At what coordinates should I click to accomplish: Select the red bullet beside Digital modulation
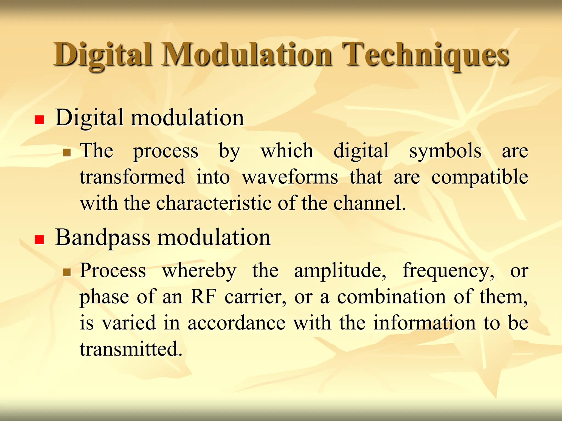tap(40, 120)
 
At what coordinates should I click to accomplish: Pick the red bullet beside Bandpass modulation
tap(40, 239)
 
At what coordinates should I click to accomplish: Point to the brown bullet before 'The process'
tap(67, 152)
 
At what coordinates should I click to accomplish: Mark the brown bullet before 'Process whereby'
tap(67, 272)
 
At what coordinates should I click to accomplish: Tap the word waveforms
tap(290, 177)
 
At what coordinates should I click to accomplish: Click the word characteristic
tap(214, 203)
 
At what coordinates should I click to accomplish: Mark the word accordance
tap(237, 323)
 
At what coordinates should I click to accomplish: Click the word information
tap(425, 323)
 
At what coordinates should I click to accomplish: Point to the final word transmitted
tap(131, 349)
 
